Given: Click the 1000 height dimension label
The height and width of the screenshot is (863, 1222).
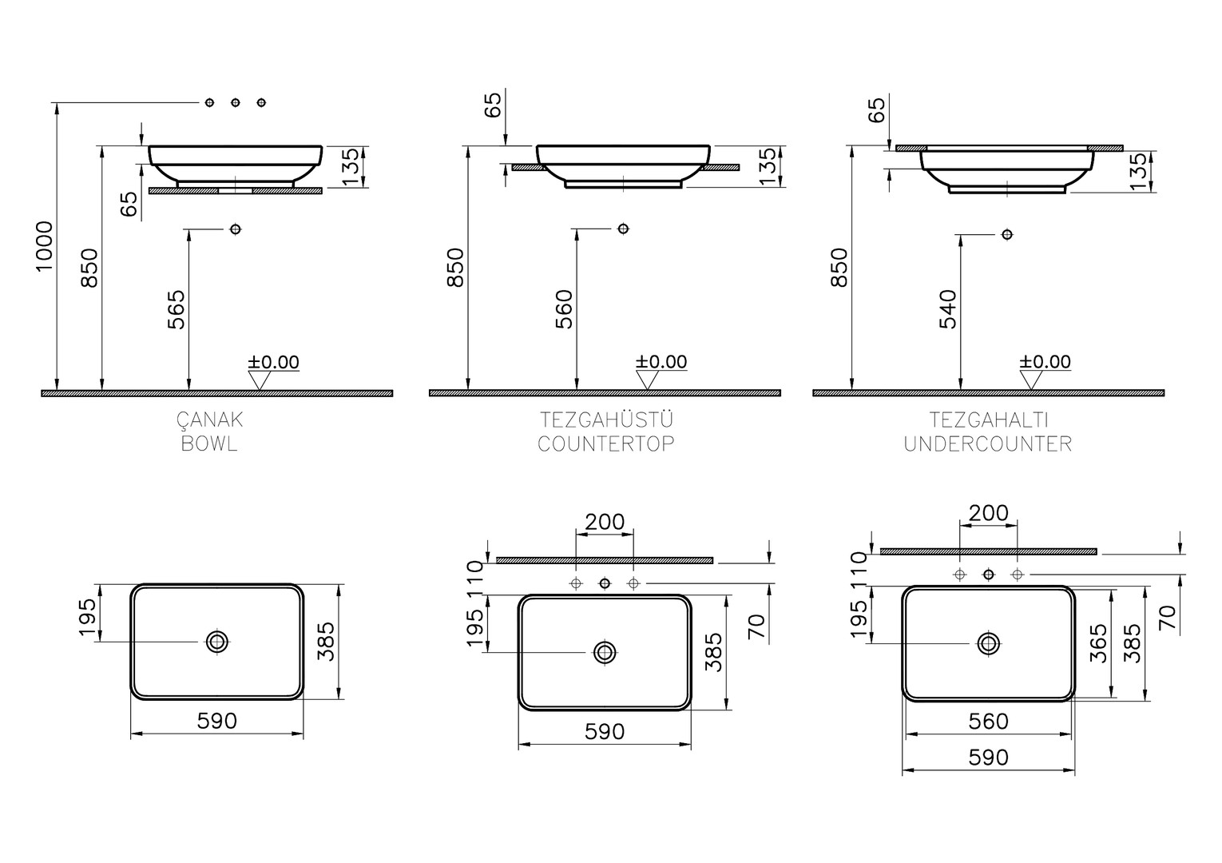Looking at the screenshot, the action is pyautogui.click(x=44, y=245).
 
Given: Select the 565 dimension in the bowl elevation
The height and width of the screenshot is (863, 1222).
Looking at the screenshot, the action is pyautogui.click(x=177, y=309).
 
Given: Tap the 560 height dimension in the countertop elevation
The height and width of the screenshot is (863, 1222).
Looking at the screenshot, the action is pyautogui.click(x=564, y=309).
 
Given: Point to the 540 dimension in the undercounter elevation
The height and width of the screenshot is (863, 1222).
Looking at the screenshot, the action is pyautogui.click(x=948, y=309).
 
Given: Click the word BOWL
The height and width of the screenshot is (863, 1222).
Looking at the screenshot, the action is pyautogui.click(x=209, y=443).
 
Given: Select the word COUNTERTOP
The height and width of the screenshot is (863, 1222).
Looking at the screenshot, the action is pyautogui.click(x=606, y=443).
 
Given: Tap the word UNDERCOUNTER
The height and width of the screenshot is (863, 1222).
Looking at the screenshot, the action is pyautogui.click(x=988, y=443).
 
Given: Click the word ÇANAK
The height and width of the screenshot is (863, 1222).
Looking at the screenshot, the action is pyautogui.click(x=209, y=420).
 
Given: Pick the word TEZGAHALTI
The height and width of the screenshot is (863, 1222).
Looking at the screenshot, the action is pyautogui.click(x=989, y=420).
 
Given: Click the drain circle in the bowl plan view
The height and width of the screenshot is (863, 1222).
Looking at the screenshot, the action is pyautogui.click(x=217, y=642).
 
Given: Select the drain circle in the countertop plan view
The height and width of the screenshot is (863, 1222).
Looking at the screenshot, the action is pyautogui.click(x=605, y=652).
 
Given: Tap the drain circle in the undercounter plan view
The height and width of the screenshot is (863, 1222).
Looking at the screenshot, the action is pyautogui.click(x=989, y=643).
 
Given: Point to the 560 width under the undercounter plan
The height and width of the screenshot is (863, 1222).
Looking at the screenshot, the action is pyautogui.click(x=989, y=722).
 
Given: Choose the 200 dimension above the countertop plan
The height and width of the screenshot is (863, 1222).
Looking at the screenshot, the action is pyautogui.click(x=605, y=522).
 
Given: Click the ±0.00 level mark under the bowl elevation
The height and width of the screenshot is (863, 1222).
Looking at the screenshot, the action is pyautogui.click(x=273, y=363).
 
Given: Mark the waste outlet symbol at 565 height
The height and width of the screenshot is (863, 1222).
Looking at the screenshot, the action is pyautogui.click(x=235, y=229).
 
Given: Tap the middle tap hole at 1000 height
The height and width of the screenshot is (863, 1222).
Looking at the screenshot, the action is pyautogui.click(x=235, y=102).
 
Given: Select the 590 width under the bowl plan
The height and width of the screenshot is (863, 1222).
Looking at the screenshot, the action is pyautogui.click(x=217, y=721).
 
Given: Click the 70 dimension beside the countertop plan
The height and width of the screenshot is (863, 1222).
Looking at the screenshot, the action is pyautogui.click(x=757, y=626).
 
